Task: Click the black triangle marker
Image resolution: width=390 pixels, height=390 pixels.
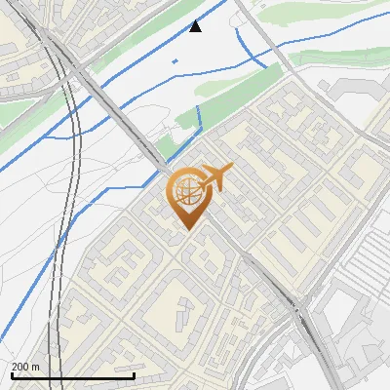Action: pos(196,26)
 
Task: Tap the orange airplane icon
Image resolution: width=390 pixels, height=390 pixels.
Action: pos(215,179)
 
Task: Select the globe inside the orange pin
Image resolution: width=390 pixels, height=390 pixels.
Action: pos(185,191)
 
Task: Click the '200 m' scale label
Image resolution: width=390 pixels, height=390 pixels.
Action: pos(25,367)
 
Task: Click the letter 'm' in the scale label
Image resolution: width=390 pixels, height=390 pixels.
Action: pos(35,367)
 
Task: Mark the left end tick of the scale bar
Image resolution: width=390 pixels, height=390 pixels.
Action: pos(12,375)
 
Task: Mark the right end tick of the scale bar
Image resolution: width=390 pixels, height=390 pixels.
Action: pos(134,375)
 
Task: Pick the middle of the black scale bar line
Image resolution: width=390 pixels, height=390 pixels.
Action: pos(73,376)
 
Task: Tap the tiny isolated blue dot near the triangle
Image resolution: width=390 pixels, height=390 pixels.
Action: pos(175,61)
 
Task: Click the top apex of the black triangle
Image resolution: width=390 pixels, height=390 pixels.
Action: pos(196,20)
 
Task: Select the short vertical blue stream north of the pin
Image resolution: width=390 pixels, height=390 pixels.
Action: pos(199,117)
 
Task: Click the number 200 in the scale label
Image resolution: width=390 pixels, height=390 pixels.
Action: pos(20,367)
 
